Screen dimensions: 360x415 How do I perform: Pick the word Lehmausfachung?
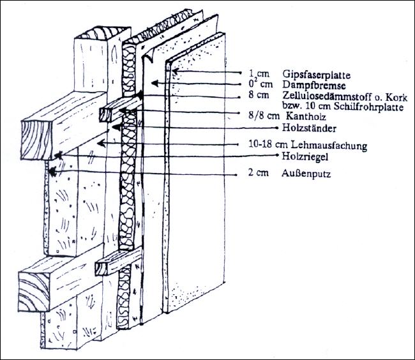coord(333,146)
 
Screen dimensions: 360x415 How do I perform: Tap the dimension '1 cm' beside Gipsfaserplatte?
coord(256,74)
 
